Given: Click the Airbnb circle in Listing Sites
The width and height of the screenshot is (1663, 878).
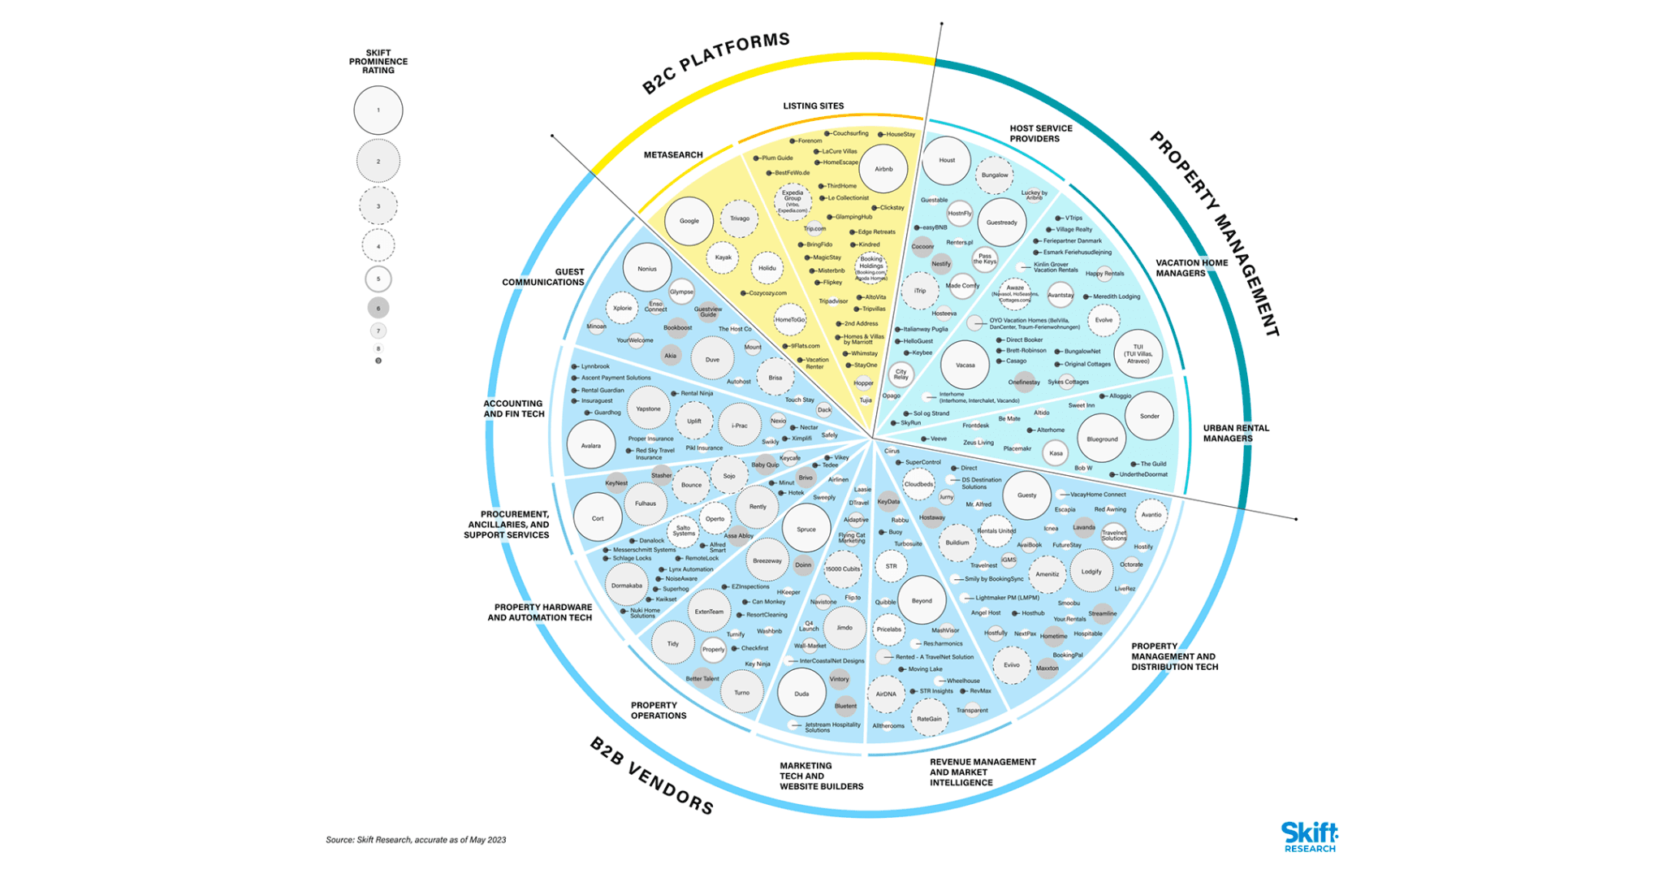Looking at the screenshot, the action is click(x=883, y=169).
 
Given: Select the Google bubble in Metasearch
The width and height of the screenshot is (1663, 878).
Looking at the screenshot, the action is click(x=689, y=221).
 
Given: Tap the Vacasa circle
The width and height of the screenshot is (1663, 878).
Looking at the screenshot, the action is click(x=965, y=365).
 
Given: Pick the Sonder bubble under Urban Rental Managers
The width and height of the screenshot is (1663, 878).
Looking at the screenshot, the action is click(x=1149, y=416).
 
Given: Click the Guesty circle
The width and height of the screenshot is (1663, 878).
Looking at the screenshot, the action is click(x=1026, y=495).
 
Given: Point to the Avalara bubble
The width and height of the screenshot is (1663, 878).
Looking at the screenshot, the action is click(x=590, y=445).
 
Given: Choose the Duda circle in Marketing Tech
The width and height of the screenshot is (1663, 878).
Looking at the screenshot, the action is click(x=801, y=694).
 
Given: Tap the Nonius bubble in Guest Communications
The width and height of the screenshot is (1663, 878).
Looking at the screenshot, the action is click(x=647, y=269).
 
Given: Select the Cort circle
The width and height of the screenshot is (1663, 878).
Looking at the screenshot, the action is click(x=598, y=518).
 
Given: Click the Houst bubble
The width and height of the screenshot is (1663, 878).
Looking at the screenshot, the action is click(x=946, y=160).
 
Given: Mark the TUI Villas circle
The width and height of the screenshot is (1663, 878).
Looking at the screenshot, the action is click(x=1138, y=354).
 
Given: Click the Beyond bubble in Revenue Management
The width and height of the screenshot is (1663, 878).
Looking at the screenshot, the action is click(x=922, y=601).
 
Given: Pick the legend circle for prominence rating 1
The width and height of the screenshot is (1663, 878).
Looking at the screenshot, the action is click(x=378, y=110).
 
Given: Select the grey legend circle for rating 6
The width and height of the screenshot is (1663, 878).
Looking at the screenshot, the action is click(x=378, y=308).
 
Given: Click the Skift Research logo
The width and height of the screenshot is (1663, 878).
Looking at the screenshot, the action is click(x=1309, y=837).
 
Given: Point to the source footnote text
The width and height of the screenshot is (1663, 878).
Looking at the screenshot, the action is click(x=416, y=840).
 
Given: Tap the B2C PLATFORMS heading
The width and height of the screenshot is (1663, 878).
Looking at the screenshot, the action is click(x=715, y=63).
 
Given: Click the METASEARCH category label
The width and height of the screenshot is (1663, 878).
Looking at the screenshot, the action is click(x=673, y=155).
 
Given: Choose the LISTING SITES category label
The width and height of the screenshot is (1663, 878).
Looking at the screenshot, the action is click(x=813, y=106).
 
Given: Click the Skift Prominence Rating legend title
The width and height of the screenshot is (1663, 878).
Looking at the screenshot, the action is click(x=378, y=62).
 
